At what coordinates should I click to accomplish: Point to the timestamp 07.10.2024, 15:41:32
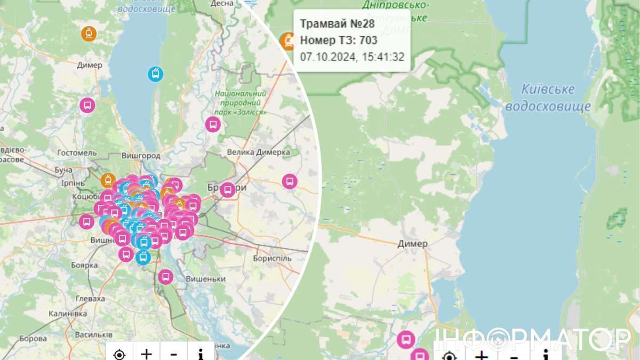tap(352, 57)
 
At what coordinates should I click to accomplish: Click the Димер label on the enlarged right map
tap(412, 244)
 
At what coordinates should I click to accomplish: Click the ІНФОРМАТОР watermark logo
tap(533, 339)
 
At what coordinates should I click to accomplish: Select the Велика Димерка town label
tap(258, 152)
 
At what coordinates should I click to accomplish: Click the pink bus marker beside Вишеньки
tap(166, 277)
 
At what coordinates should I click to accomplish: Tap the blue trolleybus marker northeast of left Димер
tap(155, 74)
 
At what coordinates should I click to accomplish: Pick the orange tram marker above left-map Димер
tap(89, 33)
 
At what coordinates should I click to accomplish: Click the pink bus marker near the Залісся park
tap(213, 125)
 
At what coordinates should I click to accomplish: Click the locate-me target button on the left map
tap(119, 354)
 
